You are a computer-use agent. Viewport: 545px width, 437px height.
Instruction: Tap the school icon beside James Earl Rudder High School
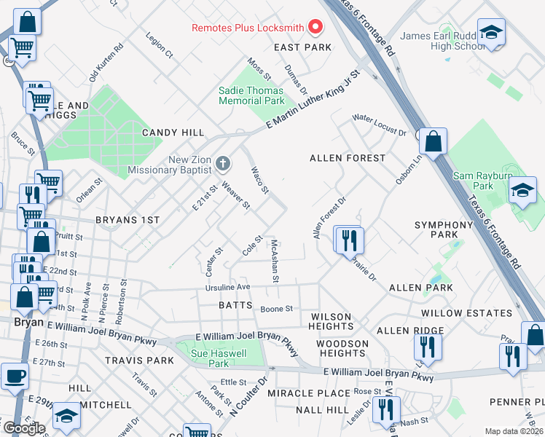[493, 33]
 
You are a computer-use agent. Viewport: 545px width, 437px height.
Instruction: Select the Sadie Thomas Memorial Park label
[252, 95]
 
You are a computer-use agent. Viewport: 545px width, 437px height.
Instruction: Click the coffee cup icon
[14, 377]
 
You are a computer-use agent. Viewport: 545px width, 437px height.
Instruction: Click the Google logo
[24, 428]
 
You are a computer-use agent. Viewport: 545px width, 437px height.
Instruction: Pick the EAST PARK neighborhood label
[302, 47]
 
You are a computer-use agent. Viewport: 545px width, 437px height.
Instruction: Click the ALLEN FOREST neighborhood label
[347, 158]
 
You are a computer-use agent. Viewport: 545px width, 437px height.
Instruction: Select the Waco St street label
[260, 180]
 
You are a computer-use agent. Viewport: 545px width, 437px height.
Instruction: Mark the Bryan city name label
[27, 321]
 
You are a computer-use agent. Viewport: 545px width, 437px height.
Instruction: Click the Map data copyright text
[513, 431]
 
